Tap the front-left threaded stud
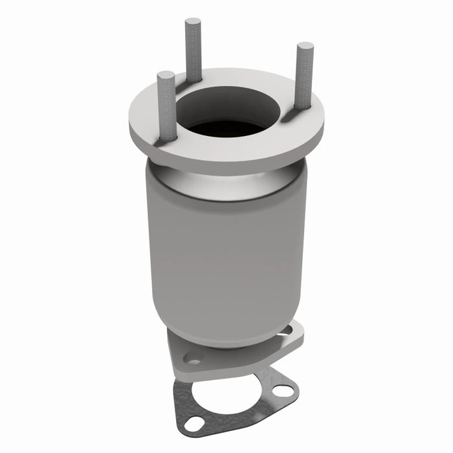tap(166, 104)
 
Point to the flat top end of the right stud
tap(305, 47)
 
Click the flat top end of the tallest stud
tap(193, 23)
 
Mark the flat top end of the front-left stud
tap(166, 76)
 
